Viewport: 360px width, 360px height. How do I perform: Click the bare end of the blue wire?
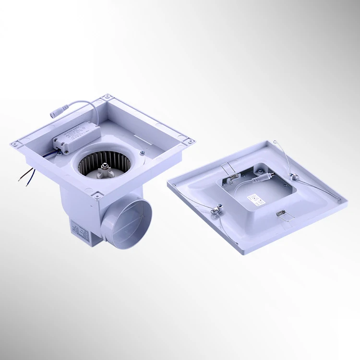(20, 180)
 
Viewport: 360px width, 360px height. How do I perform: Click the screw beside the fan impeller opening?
(142, 152)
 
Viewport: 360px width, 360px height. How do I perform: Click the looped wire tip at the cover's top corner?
(277, 142)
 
